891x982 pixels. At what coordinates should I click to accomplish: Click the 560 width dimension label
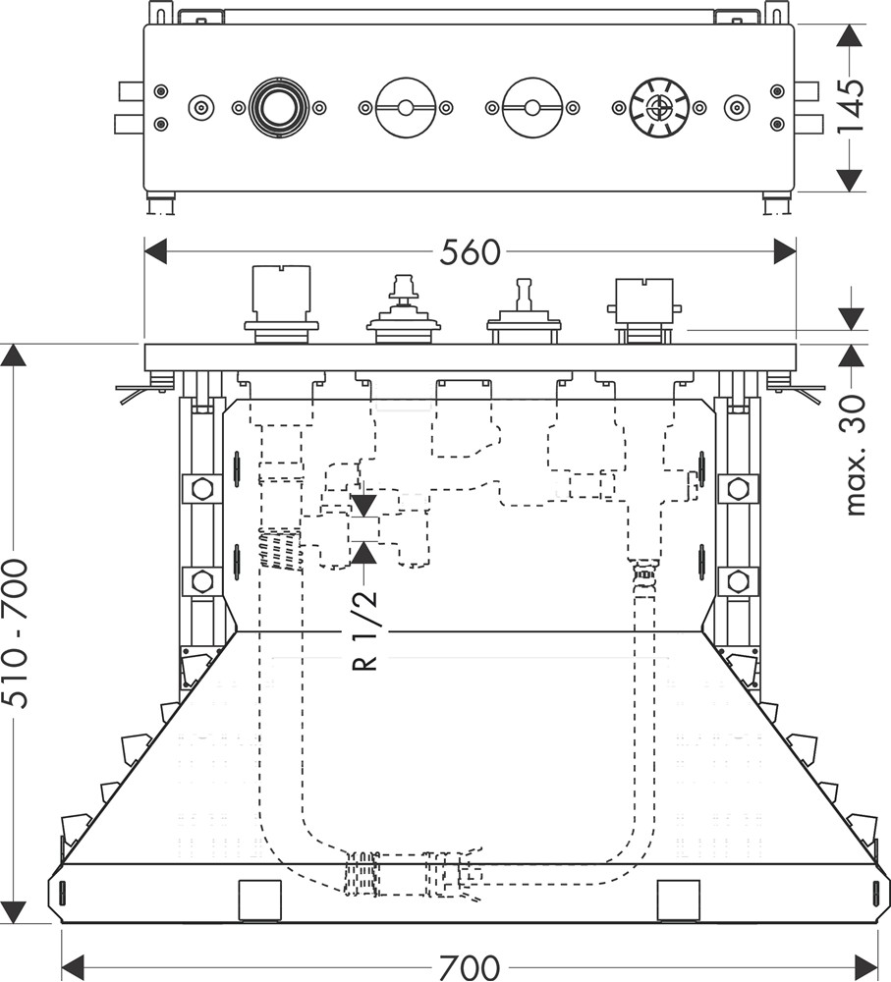[x=470, y=252]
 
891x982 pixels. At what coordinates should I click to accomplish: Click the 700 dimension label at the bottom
[x=470, y=966]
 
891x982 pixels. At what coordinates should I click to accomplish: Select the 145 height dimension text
[x=851, y=106]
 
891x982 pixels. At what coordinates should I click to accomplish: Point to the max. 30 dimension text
[x=854, y=455]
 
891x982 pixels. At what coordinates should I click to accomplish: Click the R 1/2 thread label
[x=364, y=629]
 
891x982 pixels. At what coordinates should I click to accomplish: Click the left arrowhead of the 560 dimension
[x=158, y=252]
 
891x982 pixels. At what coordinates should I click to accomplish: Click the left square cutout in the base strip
[x=260, y=900]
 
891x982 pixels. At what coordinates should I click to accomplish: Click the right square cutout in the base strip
[x=677, y=900]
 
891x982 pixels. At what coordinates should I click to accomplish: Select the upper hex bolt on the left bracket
[x=201, y=488]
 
